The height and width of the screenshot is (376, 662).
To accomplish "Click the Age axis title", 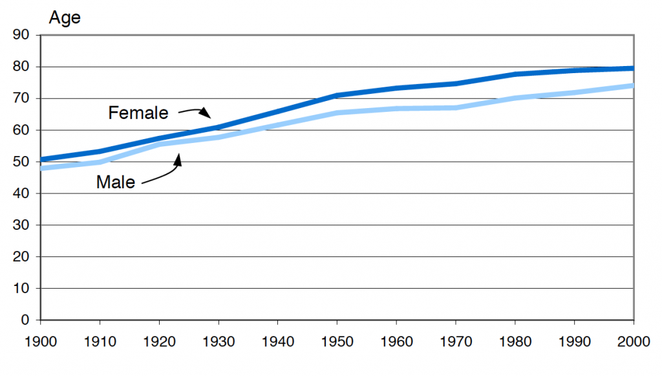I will tap(65, 17).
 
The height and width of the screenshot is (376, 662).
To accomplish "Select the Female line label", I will tap(138, 113).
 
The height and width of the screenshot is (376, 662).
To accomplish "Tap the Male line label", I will tap(116, 182).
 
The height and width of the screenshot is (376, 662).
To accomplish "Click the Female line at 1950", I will tap(337, 95).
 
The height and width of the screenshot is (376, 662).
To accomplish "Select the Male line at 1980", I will tap(515, 98).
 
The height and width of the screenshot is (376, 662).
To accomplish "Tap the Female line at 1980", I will tap(515, 74).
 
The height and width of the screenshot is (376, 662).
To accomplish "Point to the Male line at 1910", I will tap(100, 162).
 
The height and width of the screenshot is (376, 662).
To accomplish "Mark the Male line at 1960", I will tap(396, 109).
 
